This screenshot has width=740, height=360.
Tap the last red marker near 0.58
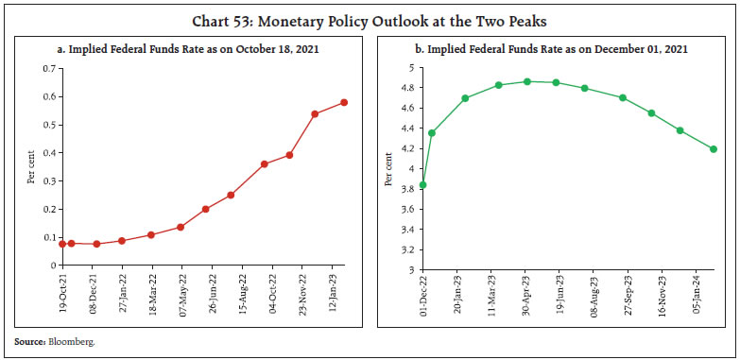click(344, 102)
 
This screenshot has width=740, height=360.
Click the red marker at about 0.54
click(315, 114)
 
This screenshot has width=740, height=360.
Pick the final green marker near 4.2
click(714, 149)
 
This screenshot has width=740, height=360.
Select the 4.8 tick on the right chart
click(407, 88)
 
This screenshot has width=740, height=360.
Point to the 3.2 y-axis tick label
click(407, 249)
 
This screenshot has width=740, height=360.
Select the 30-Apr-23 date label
click(525, 293)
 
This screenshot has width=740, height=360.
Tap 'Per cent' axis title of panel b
click(387, 168)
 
